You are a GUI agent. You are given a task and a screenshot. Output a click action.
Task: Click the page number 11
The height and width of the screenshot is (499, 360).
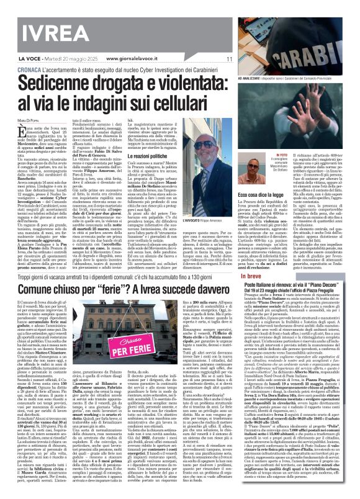(229, 60)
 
